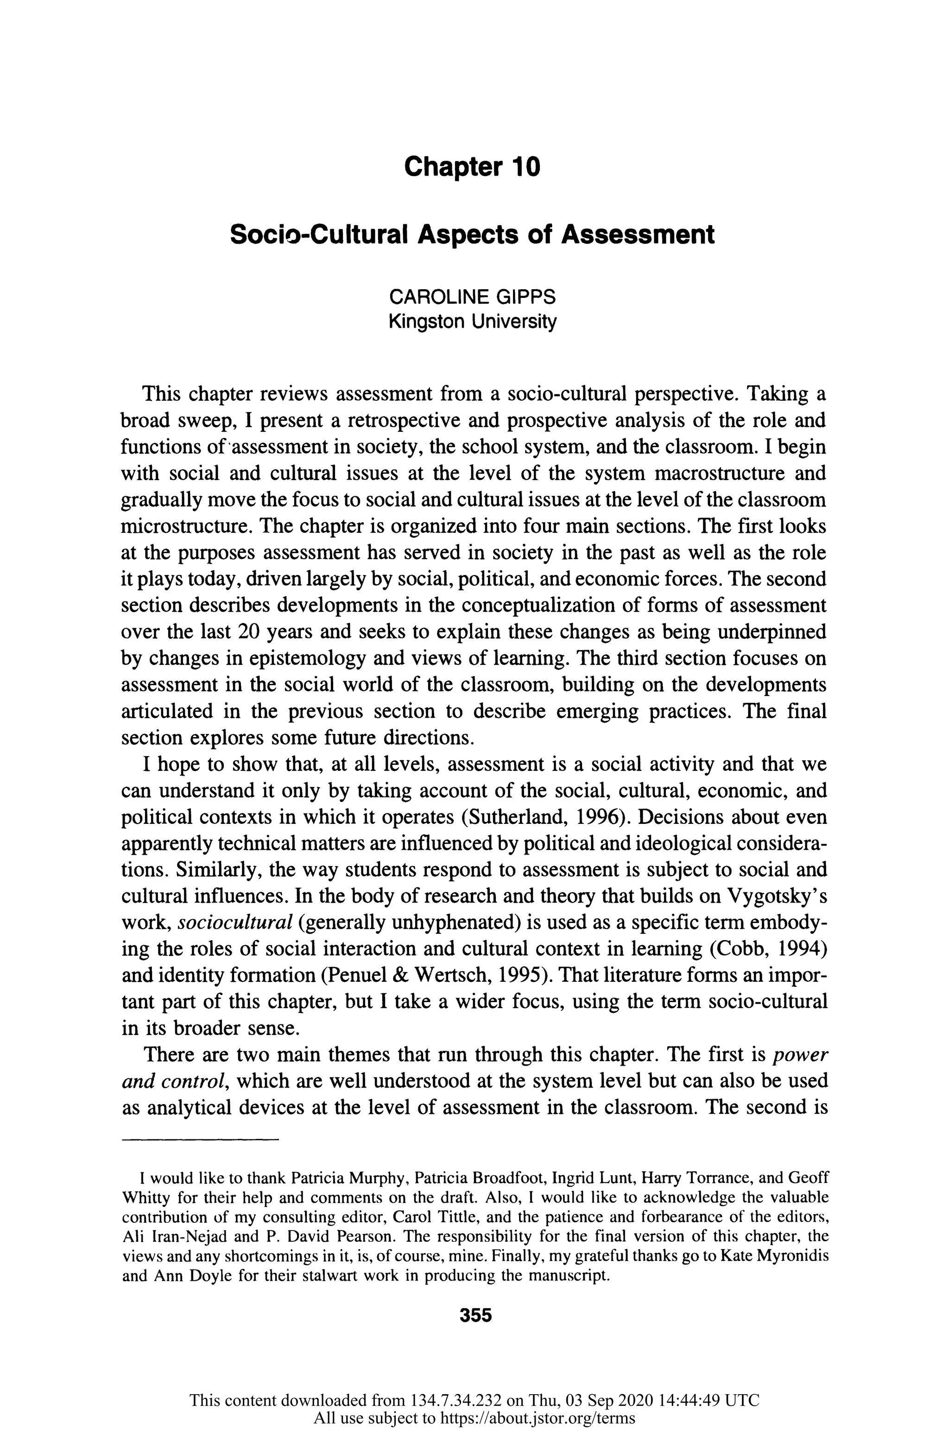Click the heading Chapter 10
tap(472, 166)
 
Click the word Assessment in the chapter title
tap(637, 234)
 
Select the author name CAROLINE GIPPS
tap(472, 297)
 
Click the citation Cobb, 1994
tap(769, 949)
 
